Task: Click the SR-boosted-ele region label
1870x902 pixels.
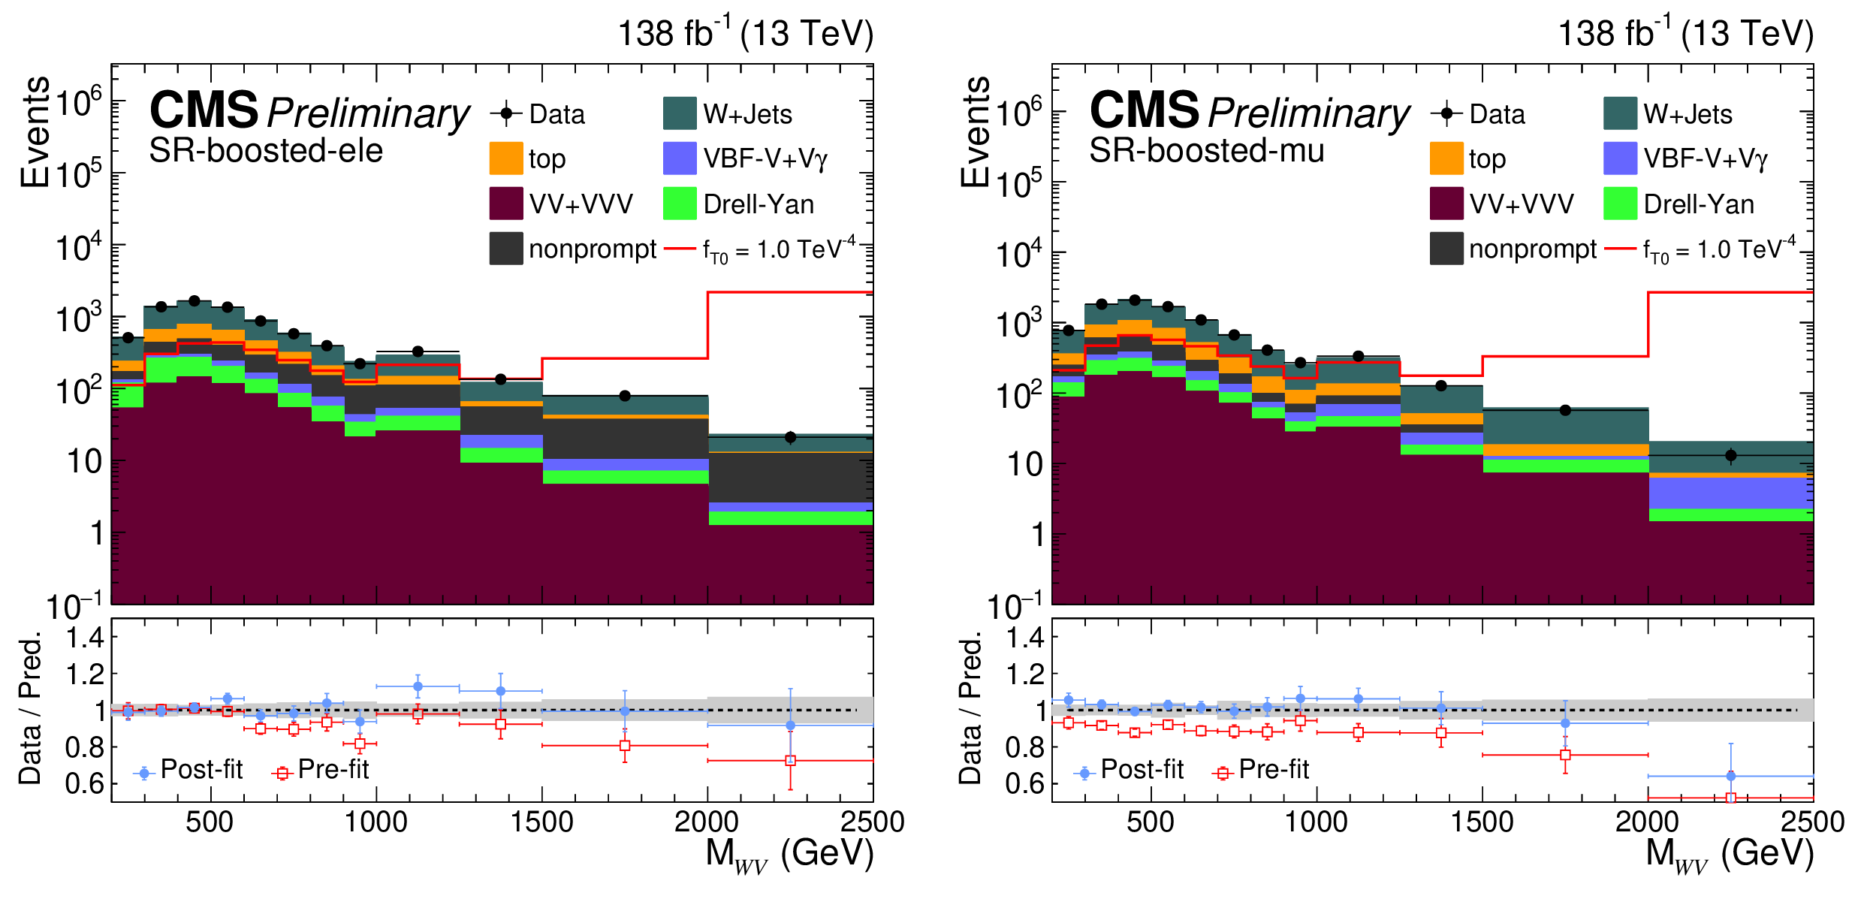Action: tap(266, 151)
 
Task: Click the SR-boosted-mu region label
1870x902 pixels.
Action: tap(1206, 151)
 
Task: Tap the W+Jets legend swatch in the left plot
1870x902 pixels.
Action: tap(680, 113)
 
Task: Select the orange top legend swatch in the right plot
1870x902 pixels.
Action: tap(1446, 158)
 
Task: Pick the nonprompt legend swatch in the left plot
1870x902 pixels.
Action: tap(505, 249)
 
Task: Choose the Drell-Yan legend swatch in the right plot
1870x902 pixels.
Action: tap(1620, 204)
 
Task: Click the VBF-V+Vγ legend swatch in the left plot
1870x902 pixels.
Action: tap(680, 158)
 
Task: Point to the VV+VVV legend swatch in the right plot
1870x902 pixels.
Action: tap(1446, 204)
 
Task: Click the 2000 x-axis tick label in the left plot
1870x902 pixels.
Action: tap(706, 822)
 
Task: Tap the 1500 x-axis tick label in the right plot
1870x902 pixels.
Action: tap(1482, 822)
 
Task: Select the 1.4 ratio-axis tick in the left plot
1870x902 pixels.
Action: tap(84, 638)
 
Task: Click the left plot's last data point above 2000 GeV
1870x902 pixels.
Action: tap(790, 437)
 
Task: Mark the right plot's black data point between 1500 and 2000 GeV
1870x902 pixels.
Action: tap(1565, 410)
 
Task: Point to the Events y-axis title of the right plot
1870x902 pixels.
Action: tap(975, 131)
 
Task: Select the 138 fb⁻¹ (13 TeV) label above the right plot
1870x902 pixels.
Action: tap(1685, 34)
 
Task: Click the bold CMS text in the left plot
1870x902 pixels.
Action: tap(204, 110)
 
